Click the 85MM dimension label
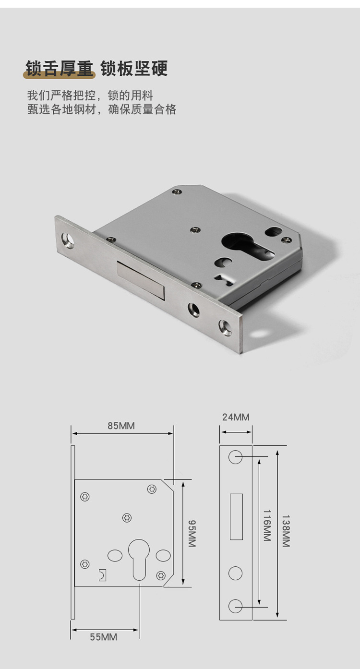tap(121, 426)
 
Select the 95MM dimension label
tap(192, 533)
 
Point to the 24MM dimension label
tap(236, 417)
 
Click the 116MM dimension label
tap(267, 526)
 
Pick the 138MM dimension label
tap(286, 531)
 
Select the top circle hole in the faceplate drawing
tap(235, 457)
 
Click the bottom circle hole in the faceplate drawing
tap(235, 606)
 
